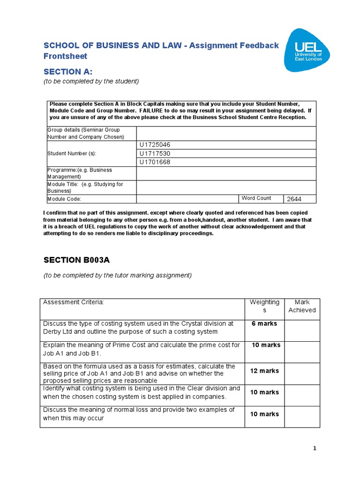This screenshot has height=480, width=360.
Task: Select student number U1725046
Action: click(x=154, y=145)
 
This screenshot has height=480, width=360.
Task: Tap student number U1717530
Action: click(x=154, y=153)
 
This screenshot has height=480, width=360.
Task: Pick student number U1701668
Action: click(x=154, y=162)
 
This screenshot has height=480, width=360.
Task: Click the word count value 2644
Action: click(x=294, y=199)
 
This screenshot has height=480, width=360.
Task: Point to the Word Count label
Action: click(x=256, y=198)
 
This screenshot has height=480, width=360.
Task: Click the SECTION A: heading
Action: click(x=68, y=72)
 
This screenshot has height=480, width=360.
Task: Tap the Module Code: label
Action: click(x=64, y=199)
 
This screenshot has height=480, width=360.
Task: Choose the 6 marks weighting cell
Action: click(x=264, y=323)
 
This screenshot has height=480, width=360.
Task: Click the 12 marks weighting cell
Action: click(x=264, y=371)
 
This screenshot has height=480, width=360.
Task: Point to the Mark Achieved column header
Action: click(x=302, y=306)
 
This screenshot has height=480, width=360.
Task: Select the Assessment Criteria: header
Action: click(x=73, y=302)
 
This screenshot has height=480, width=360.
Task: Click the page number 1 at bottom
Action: click(x=315, y=449)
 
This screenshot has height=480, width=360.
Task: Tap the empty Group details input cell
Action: click(x=226, y=134)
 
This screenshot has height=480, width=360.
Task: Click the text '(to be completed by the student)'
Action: click(x=91, y=82)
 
